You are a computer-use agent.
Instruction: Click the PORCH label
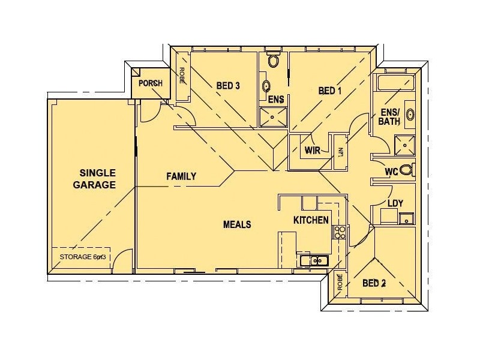(x=150, y=83)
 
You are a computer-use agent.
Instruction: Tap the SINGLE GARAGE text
(x=94, y=178)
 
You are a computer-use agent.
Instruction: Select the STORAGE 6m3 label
(x=83, y=257)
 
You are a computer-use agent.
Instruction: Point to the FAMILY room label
(x=181, y=176)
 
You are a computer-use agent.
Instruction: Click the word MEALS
(x=237, y=224)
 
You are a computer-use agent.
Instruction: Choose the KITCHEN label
(x=311, y=220)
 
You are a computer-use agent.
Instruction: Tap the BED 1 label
(x=330, y=91)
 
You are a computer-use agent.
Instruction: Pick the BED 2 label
(x=374, y=283)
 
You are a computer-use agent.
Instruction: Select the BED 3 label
(x=228, y=86)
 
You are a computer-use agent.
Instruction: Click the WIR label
(x=311, y=149)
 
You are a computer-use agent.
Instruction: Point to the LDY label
(x=395, y=203)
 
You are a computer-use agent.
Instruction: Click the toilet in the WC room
(x=406, y=170)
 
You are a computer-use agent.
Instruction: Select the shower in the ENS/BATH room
(x=403, y=144)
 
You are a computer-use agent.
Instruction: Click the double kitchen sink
(x=313, y=260)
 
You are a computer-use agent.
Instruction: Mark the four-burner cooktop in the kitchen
(x=340, y=233)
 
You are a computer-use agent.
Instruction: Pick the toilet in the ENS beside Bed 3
(x=274, y=61)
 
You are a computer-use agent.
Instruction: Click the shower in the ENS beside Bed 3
(x=272, y=116)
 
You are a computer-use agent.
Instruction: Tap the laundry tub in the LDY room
(x=406, y=218)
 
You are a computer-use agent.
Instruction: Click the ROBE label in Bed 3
(x=182, y=76)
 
